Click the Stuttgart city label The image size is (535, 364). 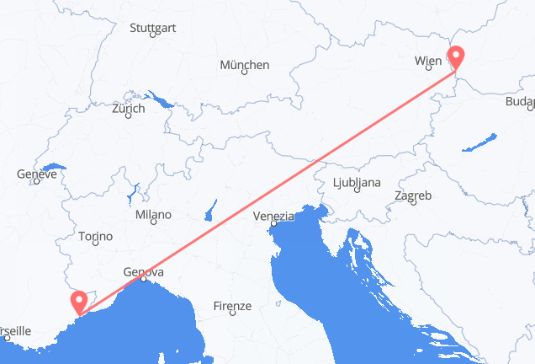[152, 28]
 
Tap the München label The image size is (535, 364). [244, 65]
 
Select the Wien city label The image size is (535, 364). [428, 61]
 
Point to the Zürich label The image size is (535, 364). [128, 108]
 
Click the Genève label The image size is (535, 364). [36, 175]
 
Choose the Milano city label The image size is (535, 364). [152, 215]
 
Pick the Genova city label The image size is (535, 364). [143, 272]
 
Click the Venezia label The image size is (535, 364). [275, 217]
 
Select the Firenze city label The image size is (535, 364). [232, 306]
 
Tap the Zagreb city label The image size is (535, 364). [413, 196]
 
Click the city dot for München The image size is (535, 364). [245, 72]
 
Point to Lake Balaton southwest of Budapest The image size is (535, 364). [479, 142]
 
